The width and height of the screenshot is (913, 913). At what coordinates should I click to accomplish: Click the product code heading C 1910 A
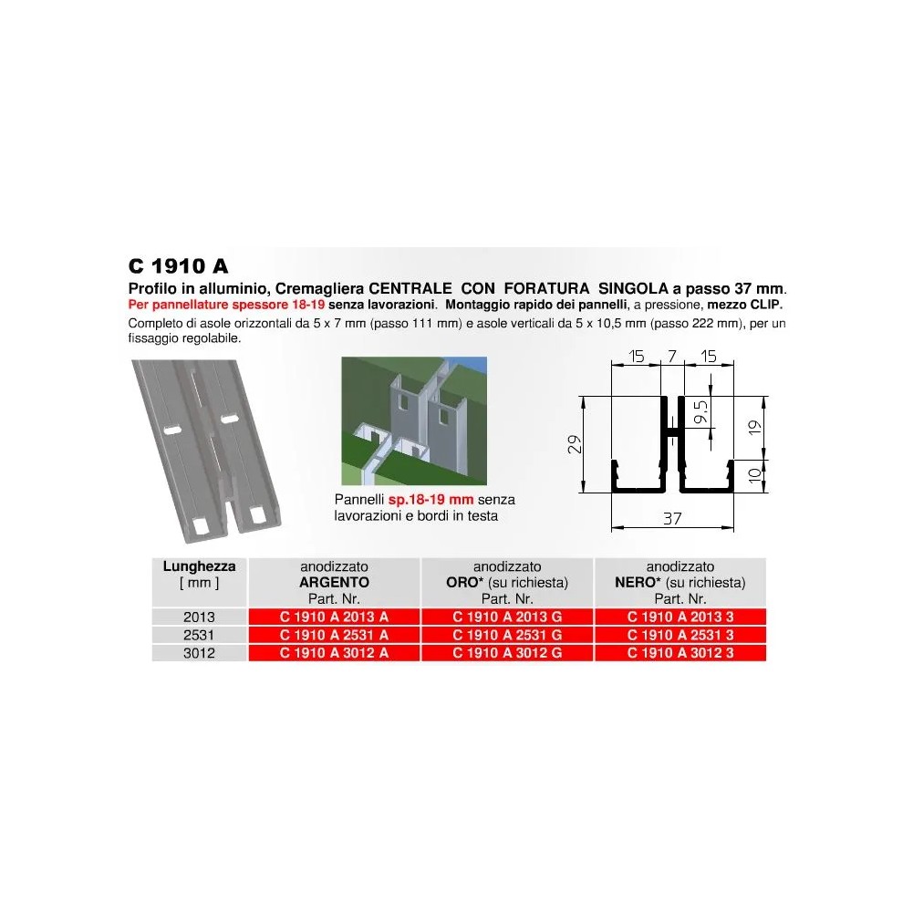click(178, 266)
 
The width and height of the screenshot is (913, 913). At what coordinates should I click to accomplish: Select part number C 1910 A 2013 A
click(334, 617)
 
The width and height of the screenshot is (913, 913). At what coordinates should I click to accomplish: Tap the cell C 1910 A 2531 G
click(507, 635)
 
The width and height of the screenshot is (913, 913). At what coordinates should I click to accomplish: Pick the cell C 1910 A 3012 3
click(680, 653)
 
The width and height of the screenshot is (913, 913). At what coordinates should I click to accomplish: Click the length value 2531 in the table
click(199, 635)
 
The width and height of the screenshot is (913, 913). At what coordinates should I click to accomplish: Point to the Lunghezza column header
click(199, 566)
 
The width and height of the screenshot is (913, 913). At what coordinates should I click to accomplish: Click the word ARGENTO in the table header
click(334, 582)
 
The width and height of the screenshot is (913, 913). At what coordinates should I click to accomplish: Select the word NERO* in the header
click(638, 582)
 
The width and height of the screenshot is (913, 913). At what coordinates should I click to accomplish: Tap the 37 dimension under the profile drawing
click(672, 518)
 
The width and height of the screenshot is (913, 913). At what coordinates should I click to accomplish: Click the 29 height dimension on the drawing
click(575, 444)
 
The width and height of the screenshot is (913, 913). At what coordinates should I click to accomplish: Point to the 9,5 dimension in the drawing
click(701, 411)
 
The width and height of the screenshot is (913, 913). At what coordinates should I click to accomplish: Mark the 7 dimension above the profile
click(672, 356)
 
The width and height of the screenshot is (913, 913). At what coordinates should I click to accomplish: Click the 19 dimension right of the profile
click(754, 428)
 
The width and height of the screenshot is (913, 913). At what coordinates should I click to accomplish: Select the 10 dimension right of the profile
click(754, 476)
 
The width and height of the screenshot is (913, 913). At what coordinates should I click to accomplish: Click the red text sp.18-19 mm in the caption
click(431, 500)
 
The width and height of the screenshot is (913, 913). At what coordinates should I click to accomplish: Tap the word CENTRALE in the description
click(410, 288)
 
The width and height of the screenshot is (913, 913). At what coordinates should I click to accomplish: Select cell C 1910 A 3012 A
click(334, 653)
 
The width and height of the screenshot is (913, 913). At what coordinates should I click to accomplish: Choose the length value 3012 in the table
click(199, 653)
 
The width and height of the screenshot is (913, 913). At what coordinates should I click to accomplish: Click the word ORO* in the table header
click(464, 582)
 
